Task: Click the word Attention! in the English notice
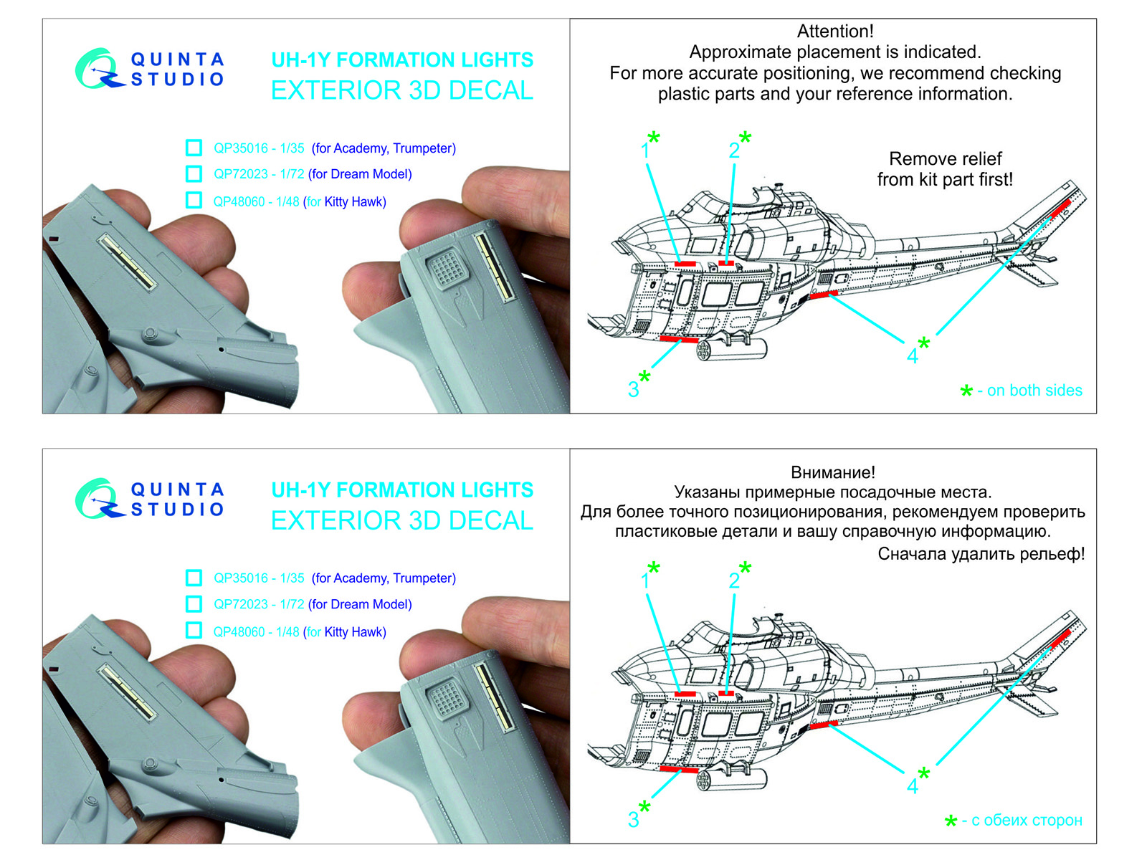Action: [835, 32]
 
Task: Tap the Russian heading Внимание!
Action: [833, 472]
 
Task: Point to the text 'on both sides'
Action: [1034, 391]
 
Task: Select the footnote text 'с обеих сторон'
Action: [1027, 820]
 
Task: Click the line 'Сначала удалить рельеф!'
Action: [981, 554]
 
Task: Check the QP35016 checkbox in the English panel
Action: [194, 148]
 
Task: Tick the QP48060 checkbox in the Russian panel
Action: [194, 631]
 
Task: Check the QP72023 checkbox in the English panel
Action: [194, 173]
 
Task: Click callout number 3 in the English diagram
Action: [633, 390]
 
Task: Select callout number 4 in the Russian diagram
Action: [912, 786]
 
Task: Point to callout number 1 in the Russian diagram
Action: [645, 580]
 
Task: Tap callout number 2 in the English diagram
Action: [734, 150]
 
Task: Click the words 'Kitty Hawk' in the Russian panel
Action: [354, 632]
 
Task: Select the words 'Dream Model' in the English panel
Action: [371, 174]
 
